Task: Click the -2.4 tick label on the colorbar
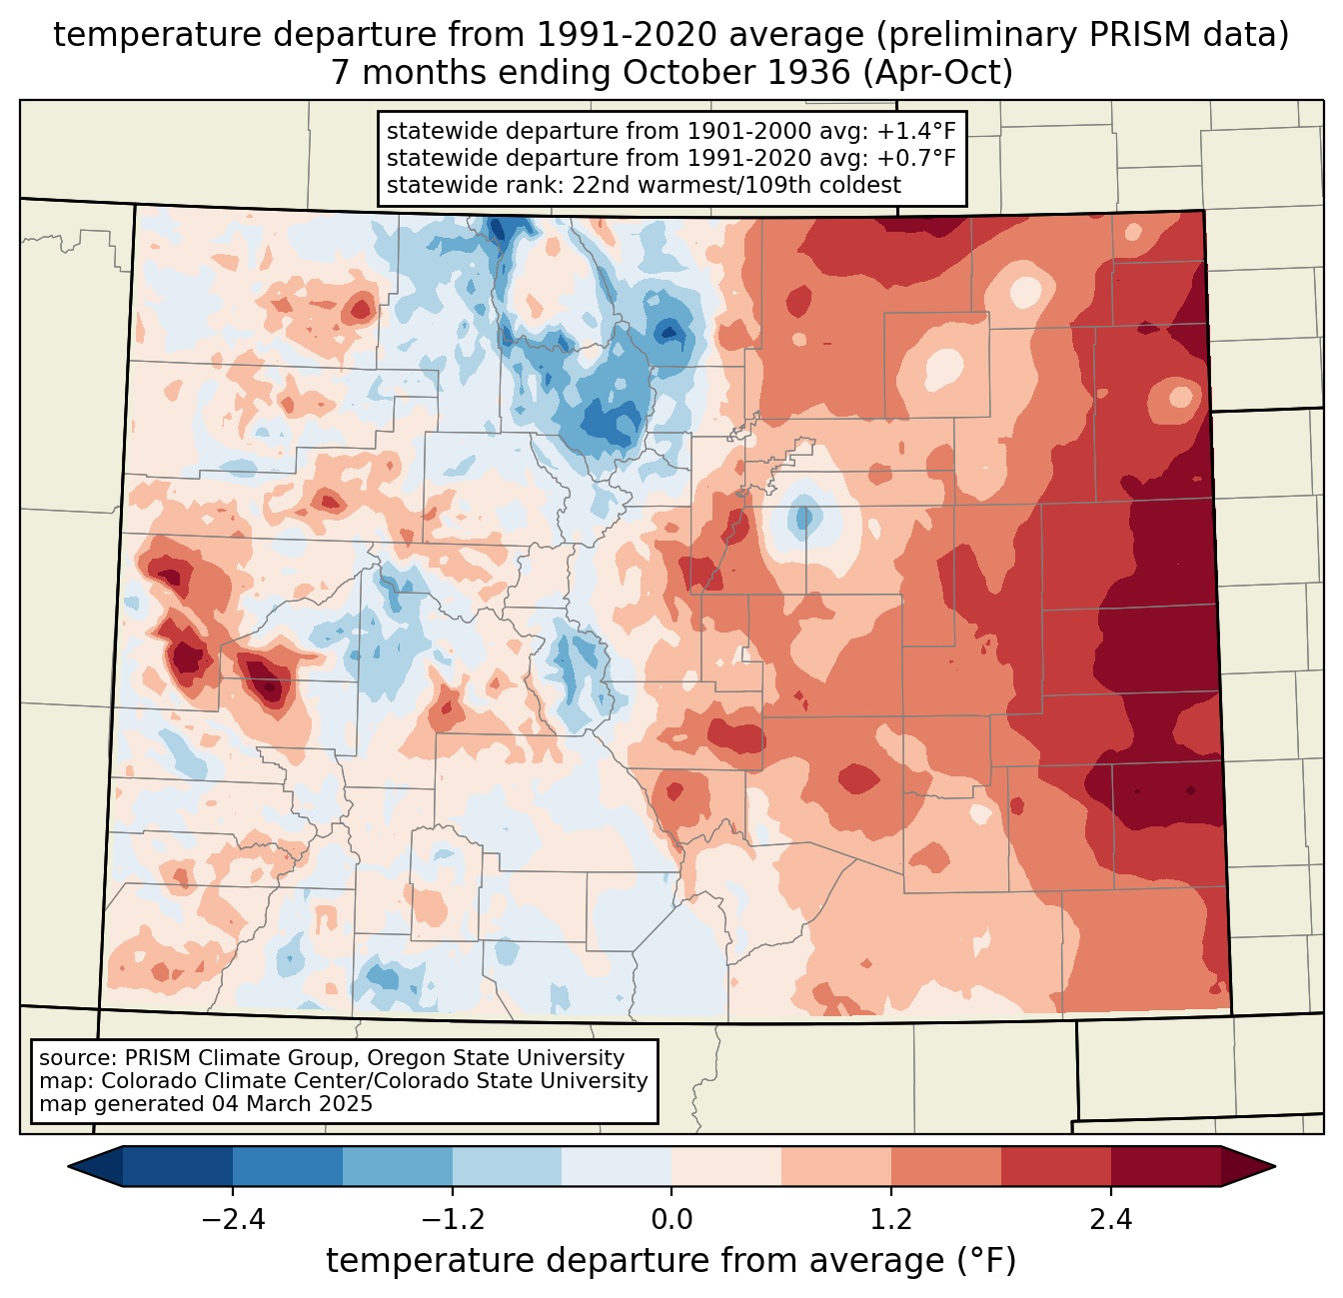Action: (x=233, y=1220)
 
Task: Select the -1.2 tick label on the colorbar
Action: (x=452, y=1220)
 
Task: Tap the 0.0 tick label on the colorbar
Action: (x=671, y=1220)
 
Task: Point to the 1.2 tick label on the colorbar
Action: (x=891, y=1220)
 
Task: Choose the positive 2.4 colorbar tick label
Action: (x=1110, y=1220)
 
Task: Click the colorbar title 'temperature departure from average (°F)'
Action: (x=671, y=1261)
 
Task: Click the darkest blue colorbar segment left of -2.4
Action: (x=178, y=1166)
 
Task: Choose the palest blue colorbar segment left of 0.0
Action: (x=617, y=1166)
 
